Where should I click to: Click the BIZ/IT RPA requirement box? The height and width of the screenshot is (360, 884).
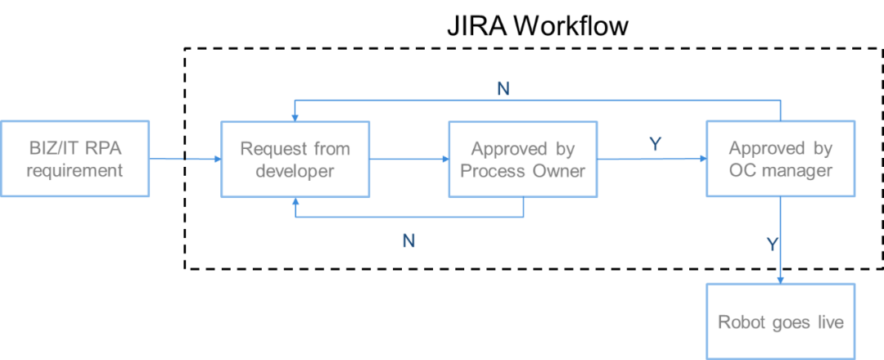pyautogui.click(x=74, y=159)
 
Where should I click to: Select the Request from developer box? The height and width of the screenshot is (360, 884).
pyautogui.click(x=295, y=159)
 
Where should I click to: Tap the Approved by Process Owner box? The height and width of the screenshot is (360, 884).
pyautogui.click(x=523, y=159)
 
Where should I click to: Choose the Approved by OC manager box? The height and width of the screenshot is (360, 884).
pyautogui.click(x=780, y=159)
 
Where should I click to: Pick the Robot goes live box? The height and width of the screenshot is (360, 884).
pyautogui.click(x=780, y=322)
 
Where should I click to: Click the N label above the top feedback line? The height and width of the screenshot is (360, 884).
pyautogui.click(x=503, y=89)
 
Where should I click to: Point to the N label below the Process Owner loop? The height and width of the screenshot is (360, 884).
pyautogui.click(x=408, y=241)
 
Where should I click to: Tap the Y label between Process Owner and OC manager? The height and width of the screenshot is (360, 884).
pyautogui.click(x=655, y=145)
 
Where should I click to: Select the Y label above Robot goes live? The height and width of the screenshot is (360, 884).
pyautogui.click(x=771, y=244)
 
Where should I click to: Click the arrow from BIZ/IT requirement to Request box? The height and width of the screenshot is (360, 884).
pyautogui.click(x=186, y=160)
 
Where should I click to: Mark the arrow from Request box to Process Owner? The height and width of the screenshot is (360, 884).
pyautogui.click(x=408, y=160)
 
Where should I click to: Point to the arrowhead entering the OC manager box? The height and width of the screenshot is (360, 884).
pyautogui.click(x=701, y=160)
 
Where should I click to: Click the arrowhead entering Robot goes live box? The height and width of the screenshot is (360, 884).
pyautogui.click(x=780, y=279)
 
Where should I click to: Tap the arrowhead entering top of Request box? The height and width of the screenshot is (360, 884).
pyautogui.click(x=295, y=117)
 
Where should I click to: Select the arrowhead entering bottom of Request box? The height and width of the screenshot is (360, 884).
pyautogui.click(x=295, y=201)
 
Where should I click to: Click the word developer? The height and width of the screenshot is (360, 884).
pyautogui.click(x=295, y=171)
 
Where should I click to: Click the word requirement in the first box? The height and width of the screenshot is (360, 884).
pyautogui.click(x=74, y=171)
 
